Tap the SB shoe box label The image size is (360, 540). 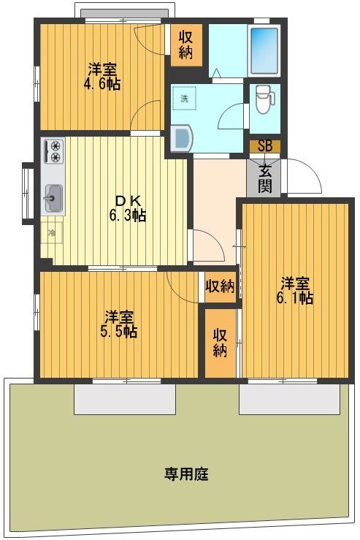(264, 146)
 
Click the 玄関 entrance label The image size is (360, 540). (264, 180)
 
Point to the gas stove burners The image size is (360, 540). (54, 152)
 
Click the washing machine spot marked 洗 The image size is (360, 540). (185, 98)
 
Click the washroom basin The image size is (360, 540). (180, 137)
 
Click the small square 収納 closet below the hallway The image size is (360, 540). (219, 286)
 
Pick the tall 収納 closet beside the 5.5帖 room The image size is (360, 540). (219, 343)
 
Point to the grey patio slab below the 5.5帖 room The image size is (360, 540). (125, 398)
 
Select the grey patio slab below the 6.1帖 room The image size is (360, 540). (289, 398)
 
